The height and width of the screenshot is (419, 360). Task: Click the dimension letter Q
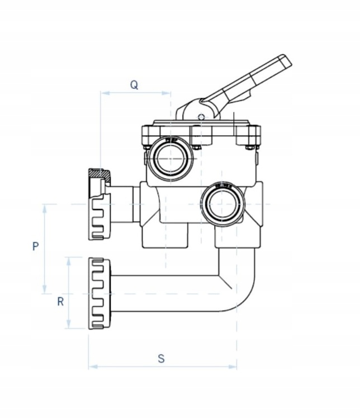[134, 85]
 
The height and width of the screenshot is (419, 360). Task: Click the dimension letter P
[36, 246]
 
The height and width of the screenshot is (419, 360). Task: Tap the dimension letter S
[161, 359]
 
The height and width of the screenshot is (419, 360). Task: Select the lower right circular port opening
[222, 203]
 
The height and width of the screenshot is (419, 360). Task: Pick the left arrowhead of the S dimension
[91, 367]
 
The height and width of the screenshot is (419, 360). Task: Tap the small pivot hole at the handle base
[201, 117]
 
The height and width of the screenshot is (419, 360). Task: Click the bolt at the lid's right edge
[249, 147]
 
